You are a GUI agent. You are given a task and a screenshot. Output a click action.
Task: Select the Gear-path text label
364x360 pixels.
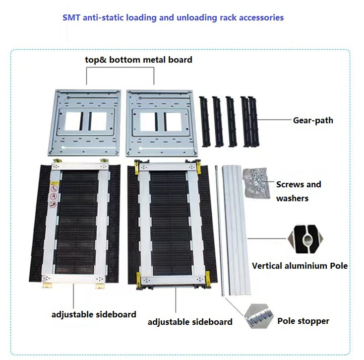(312, 120)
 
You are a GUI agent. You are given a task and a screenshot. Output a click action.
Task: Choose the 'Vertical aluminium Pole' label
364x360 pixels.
(300, 266)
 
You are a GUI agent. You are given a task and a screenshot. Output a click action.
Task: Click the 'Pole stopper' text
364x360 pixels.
(303, 321)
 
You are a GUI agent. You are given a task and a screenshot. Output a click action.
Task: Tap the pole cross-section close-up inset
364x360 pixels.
(304, 238)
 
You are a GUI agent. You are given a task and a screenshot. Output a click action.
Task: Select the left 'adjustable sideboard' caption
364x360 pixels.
(94, 314)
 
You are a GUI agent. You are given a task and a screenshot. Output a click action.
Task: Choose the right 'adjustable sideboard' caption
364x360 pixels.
(190, 322)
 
